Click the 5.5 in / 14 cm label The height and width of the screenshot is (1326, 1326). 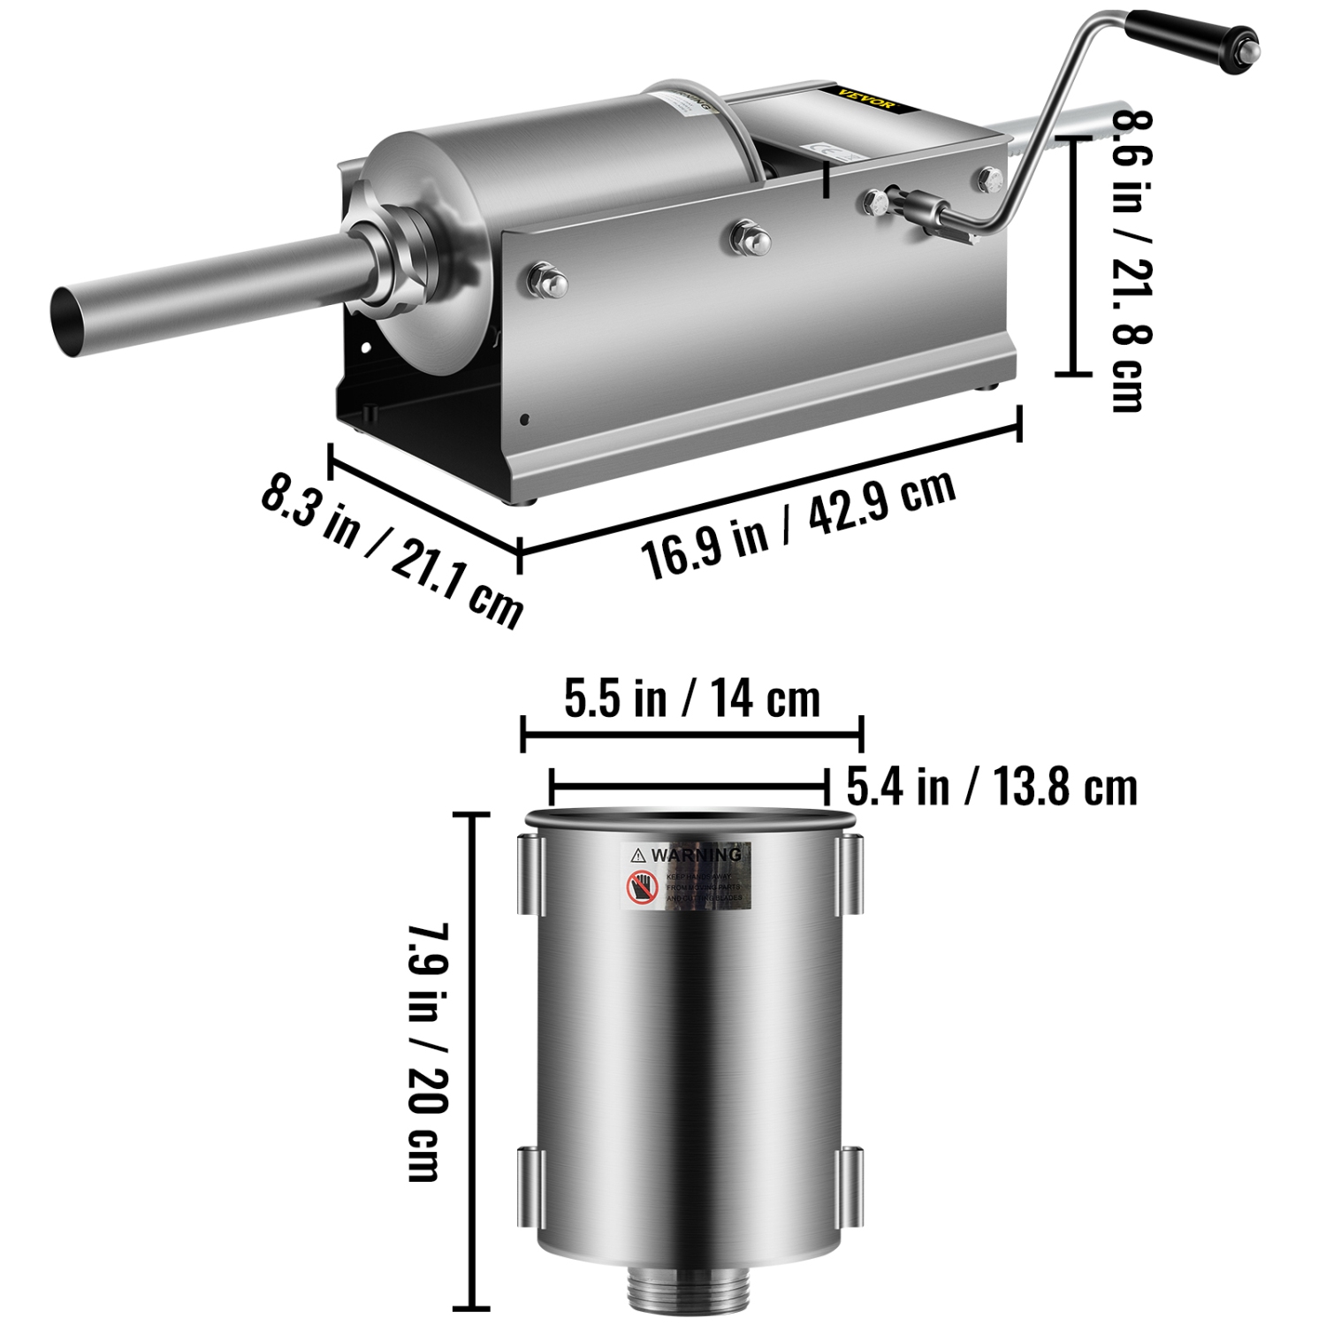click(x=692, y=699)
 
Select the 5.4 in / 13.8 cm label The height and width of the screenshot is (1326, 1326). click(x=991, y=786)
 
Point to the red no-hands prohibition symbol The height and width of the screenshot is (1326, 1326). click(x=643, y=888)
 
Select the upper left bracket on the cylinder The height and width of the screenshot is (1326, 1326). click(x=528, y=875)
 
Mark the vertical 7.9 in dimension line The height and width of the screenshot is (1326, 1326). click(x=476, y=1060)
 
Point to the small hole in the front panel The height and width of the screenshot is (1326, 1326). click(x=525, y=419)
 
